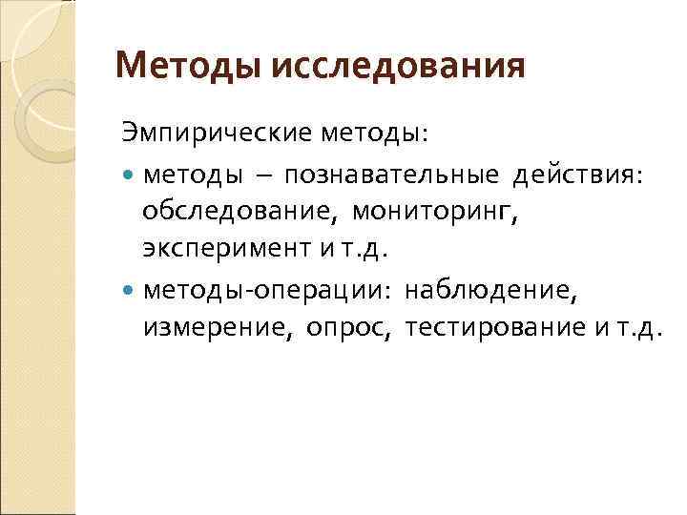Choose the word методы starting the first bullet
pyautogui.click(x=188, y=175)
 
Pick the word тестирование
pyautogui.click(x=488, y=327)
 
